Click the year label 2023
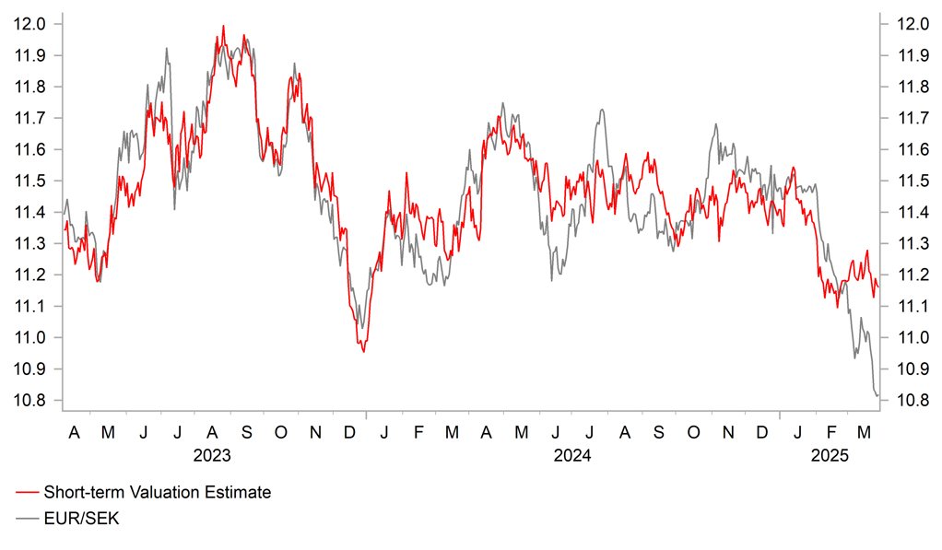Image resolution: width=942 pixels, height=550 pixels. [x=212, y=455]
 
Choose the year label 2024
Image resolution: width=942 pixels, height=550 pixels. [x=572, y=455]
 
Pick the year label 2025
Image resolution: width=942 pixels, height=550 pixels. [x=830, y=455]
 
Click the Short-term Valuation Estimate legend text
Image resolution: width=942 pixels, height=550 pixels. [x=157, y=493]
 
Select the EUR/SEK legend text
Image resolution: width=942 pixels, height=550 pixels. [x=81, y=519]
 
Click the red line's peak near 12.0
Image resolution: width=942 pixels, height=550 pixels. [x=223, y=26]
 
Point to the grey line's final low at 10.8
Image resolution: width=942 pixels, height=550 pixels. [x=876, y=396]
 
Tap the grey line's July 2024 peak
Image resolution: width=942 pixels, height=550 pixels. [x=602, y=111]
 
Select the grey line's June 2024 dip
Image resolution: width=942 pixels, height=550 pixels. [x=552, y=279]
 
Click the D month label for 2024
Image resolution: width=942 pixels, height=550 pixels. [x=762, y=432]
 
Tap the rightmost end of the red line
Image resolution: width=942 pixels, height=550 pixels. [x=878, y=287]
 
